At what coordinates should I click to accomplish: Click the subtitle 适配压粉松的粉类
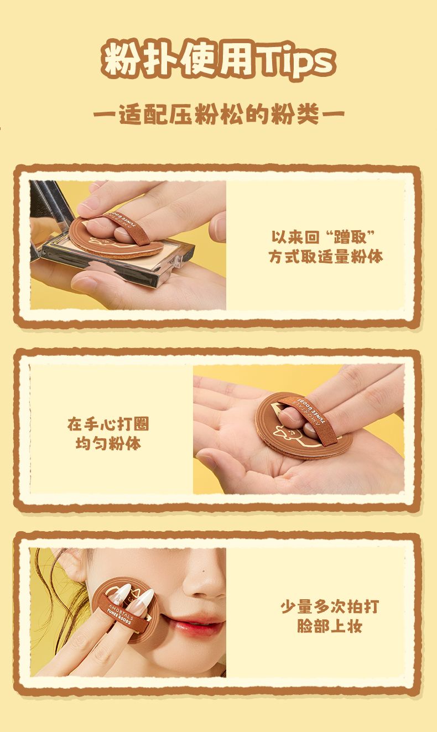click(x=218, y=115)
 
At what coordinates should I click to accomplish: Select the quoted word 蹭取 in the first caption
click(x=350, y=237)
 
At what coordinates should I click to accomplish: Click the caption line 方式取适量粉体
click(x=326, y=257)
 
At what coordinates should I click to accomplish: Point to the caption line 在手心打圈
click(x=108, y=424)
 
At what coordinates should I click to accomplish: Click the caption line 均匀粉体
click(x=108, y=444)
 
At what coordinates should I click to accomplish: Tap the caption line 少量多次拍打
click(x=330, y=606)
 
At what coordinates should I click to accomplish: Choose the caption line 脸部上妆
click(x=330, y=626)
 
